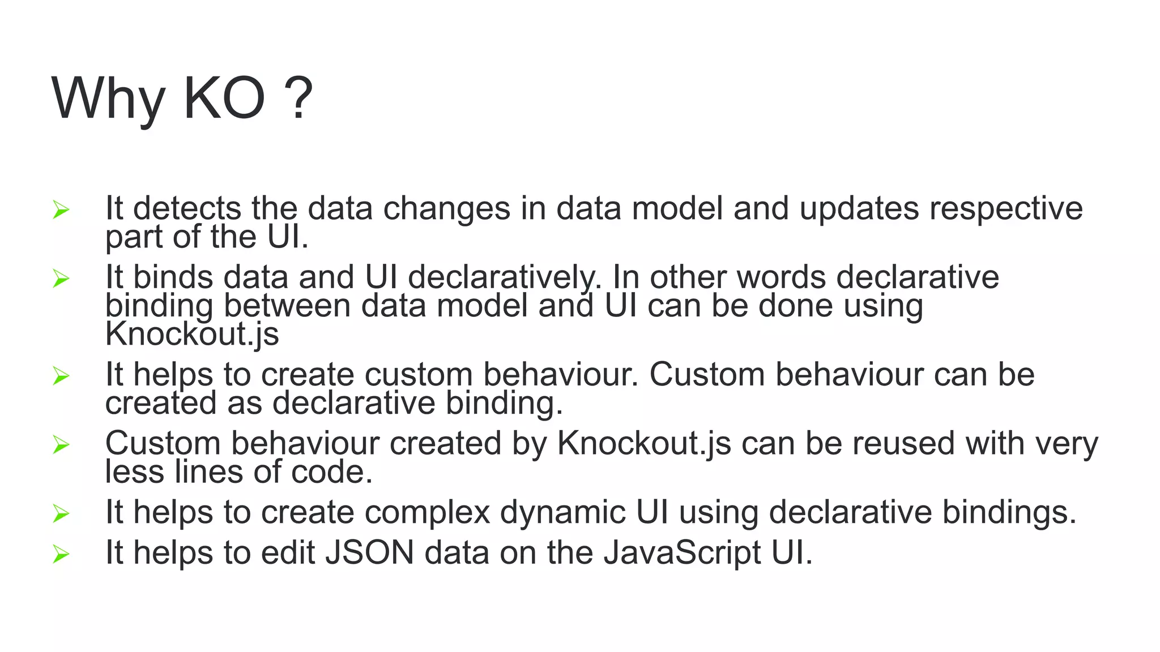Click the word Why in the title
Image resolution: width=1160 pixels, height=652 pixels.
coord(108,99)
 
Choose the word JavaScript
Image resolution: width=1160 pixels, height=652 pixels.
coord(682,554)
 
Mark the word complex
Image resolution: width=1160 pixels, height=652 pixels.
coord(427,513)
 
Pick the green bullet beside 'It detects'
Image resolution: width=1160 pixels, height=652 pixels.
coord(61,210)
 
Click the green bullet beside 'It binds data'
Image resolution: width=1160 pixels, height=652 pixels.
coord(61,278)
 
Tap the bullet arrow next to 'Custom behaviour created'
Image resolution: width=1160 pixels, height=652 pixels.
coord(61,445)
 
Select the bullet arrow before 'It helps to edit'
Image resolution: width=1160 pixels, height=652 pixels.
coord(61,554)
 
